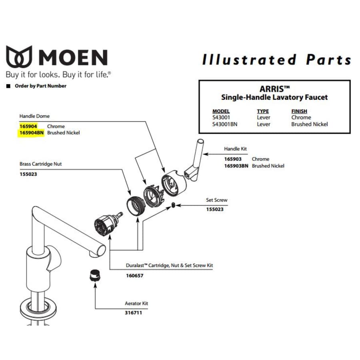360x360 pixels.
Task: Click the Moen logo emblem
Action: tap(19, 56)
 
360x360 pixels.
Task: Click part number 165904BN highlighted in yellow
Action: tap(32, 133)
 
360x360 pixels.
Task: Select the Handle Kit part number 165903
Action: tap(233, 159)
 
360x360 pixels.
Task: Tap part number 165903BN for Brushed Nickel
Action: tap(236, 166)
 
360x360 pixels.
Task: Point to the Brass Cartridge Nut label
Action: tap(41, 164)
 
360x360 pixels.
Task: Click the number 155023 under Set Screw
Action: tap(215, 209)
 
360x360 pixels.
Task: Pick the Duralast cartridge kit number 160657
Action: tap(134, 276)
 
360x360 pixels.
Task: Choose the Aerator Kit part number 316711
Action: tap(133, 313)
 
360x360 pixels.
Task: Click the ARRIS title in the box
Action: tap(274, 89)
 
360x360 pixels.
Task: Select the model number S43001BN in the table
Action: tap(225, 124)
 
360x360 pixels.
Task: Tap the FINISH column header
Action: tap(299, 111)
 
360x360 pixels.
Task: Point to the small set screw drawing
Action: tap(173, 205)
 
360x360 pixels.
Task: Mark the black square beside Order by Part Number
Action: tap(8, 86)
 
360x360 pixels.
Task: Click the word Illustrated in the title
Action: tap(249, 60)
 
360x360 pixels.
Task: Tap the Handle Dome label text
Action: tap(34, 116)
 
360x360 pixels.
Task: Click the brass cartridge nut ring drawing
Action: tap(136, 206)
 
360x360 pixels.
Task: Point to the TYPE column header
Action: tap(263, 111)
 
